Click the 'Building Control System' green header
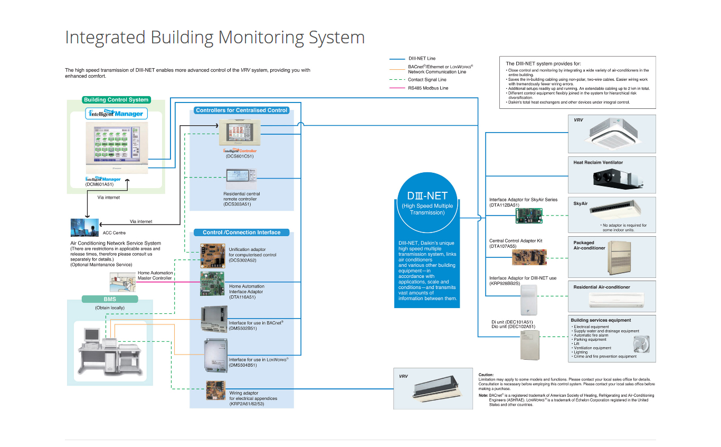click(116, 99)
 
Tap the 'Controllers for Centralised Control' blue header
click(242, 110)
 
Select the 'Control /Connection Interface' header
click(242, 232)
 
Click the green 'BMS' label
click(110, 299)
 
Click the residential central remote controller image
click(242, 178)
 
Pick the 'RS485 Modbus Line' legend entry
click(428, 88)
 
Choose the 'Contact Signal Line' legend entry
click(427, 80)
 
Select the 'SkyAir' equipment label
click(581, 203)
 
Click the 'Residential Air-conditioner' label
click(602, 287)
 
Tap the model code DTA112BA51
click(504, 205)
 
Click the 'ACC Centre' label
click(114, 232)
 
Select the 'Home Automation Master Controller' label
click(155, 275)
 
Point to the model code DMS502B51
click(243, 328)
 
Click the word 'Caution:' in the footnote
click(486, 375)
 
